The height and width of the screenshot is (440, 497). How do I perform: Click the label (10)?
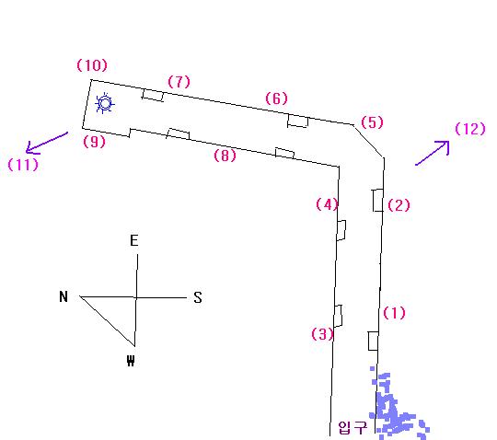click(x=92, y=65)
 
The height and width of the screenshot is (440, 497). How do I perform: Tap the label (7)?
click(x=179, y=82)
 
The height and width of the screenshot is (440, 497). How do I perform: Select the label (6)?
click(x=276, y=98)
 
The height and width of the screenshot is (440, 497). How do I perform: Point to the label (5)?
click(x=372, y=122)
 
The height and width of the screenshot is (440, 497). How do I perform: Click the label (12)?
click(x=470, y=129)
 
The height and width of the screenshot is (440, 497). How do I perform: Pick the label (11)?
click(x=23, y=165)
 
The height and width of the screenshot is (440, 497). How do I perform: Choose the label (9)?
click(x=94, y=142)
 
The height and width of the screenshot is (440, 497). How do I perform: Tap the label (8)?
click(x=225, y=156)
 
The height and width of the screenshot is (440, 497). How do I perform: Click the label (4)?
click(x=327, y=204)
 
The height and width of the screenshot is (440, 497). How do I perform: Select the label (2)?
click(x=399, y=205)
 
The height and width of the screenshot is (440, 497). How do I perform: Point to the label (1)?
click(x=394, y=313)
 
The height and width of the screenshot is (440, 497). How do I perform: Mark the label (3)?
click(x=323, y=334)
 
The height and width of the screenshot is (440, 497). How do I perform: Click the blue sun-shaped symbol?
click(x=105, y=103)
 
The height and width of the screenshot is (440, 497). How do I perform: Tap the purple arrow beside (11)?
click(x=47, y=144)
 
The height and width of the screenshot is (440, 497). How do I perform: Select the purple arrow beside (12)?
click(x=433, y=153)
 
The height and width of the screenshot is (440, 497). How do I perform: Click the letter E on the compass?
click(x=134, y=240)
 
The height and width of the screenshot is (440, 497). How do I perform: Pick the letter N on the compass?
click(x=64, y=296)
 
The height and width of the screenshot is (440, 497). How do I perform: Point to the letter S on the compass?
click(x=198, y=297)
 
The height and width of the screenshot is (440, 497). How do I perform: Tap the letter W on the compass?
click(x=131, y=361)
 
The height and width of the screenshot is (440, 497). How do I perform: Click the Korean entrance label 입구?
click(x=353, y=428)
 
